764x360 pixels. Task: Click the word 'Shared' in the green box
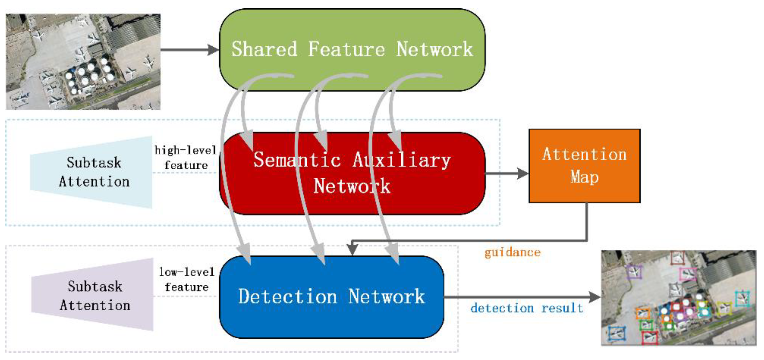264,49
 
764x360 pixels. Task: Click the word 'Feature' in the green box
346,49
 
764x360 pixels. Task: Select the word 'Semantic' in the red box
297,160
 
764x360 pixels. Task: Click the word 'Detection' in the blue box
288,297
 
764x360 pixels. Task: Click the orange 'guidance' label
513,252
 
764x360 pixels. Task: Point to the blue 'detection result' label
527,308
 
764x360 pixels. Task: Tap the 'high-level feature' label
186,158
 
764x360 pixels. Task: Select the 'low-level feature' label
186,279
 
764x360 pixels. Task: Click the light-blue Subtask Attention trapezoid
92,172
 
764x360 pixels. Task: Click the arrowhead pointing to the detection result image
594,297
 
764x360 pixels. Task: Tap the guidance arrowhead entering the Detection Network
352,250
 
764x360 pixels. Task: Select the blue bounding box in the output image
616,334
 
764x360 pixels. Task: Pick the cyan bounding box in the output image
742,299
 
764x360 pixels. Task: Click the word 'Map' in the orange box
584,177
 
